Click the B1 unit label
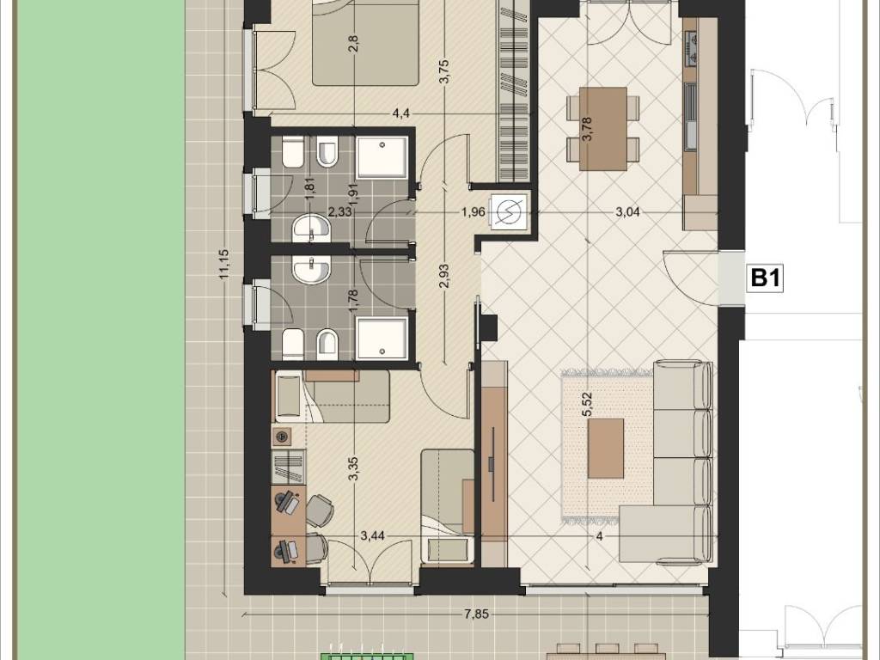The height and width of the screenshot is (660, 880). coord(766,278)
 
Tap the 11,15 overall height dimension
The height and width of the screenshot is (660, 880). coord(224,264)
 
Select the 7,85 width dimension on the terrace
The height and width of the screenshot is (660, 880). coord(476,614)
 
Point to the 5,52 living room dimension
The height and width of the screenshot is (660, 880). coord(588,404)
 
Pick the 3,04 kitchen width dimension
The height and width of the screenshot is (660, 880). coord(627,212)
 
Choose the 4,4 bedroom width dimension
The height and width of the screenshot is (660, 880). coord(400,114)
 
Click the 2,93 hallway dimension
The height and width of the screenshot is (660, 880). coord(444,276)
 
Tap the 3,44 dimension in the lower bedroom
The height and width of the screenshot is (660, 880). coord(373,535)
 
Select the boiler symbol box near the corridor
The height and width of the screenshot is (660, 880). coord(509,211)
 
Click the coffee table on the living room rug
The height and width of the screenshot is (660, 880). coord(606,448)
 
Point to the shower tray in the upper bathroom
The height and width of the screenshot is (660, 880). coord(382,157)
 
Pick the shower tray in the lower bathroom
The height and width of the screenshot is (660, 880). coord(382,339)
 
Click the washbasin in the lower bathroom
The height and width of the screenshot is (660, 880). coord(311,271)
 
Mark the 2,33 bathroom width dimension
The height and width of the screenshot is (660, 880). coord(340,212)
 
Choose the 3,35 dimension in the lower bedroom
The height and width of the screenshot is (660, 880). coord(353,469)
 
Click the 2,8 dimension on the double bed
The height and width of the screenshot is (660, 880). coord(353,43)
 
